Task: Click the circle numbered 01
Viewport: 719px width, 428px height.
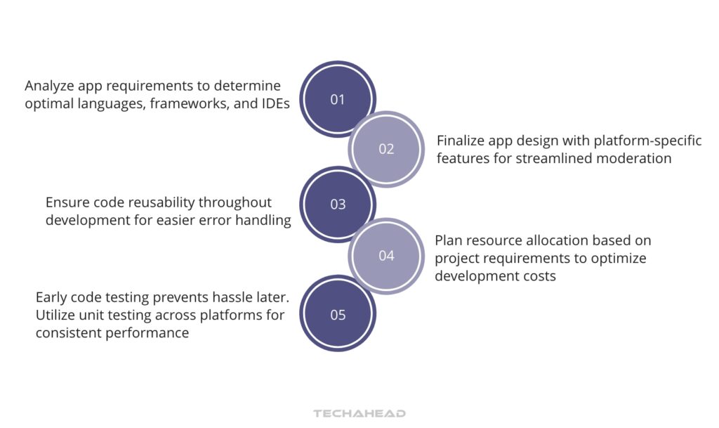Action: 338,99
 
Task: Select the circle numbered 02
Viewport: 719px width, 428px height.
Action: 386,149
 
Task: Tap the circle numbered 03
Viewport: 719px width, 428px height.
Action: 338,205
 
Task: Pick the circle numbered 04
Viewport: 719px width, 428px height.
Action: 386,256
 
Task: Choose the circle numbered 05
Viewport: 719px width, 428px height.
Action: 338,315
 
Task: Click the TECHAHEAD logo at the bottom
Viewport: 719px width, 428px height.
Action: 359,414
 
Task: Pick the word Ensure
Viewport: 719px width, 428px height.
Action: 68,202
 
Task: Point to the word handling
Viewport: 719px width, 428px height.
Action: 264,221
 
